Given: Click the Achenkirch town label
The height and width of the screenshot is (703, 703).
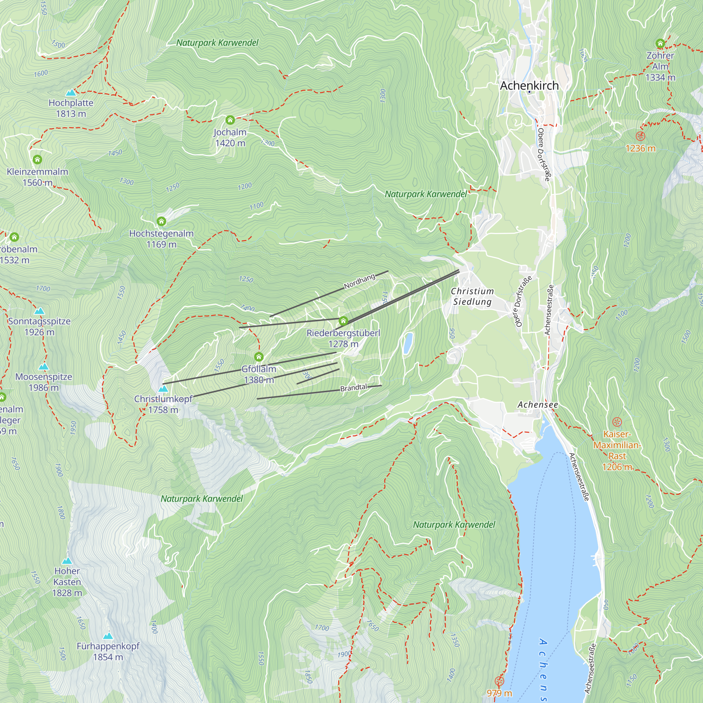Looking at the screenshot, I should point(529,85).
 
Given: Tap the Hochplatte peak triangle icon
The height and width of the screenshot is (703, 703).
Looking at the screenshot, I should point(71,92).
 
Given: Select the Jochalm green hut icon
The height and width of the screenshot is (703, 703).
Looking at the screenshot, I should point(230,120).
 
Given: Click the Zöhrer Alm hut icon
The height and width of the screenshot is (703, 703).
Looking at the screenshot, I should point(660,43).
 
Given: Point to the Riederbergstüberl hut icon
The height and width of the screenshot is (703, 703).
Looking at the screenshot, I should point(343,321).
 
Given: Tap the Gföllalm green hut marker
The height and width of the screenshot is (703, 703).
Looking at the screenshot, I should point(259,356).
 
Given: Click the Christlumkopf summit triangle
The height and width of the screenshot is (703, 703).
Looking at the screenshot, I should point(163,389).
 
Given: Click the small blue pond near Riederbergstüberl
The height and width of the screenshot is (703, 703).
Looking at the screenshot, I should point(408,343).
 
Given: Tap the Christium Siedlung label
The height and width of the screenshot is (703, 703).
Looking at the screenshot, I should point(472,296).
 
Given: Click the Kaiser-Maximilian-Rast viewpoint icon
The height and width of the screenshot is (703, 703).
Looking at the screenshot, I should point(617,422).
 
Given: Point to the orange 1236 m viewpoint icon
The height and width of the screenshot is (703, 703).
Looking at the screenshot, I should point(640,136).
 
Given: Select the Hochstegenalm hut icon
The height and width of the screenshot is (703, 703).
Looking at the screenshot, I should point(161,221).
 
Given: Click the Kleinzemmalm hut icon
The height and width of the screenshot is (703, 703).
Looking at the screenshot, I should point(38,159).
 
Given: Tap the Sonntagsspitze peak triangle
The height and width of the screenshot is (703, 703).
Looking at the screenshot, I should point(39,311).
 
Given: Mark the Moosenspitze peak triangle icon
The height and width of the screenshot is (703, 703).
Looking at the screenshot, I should point(44,366).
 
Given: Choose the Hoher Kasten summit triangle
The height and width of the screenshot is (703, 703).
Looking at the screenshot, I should point(67,561).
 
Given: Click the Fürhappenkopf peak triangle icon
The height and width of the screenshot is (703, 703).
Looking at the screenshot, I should point(108,636).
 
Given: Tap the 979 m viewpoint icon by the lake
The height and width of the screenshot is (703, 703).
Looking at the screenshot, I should point(499,681).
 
